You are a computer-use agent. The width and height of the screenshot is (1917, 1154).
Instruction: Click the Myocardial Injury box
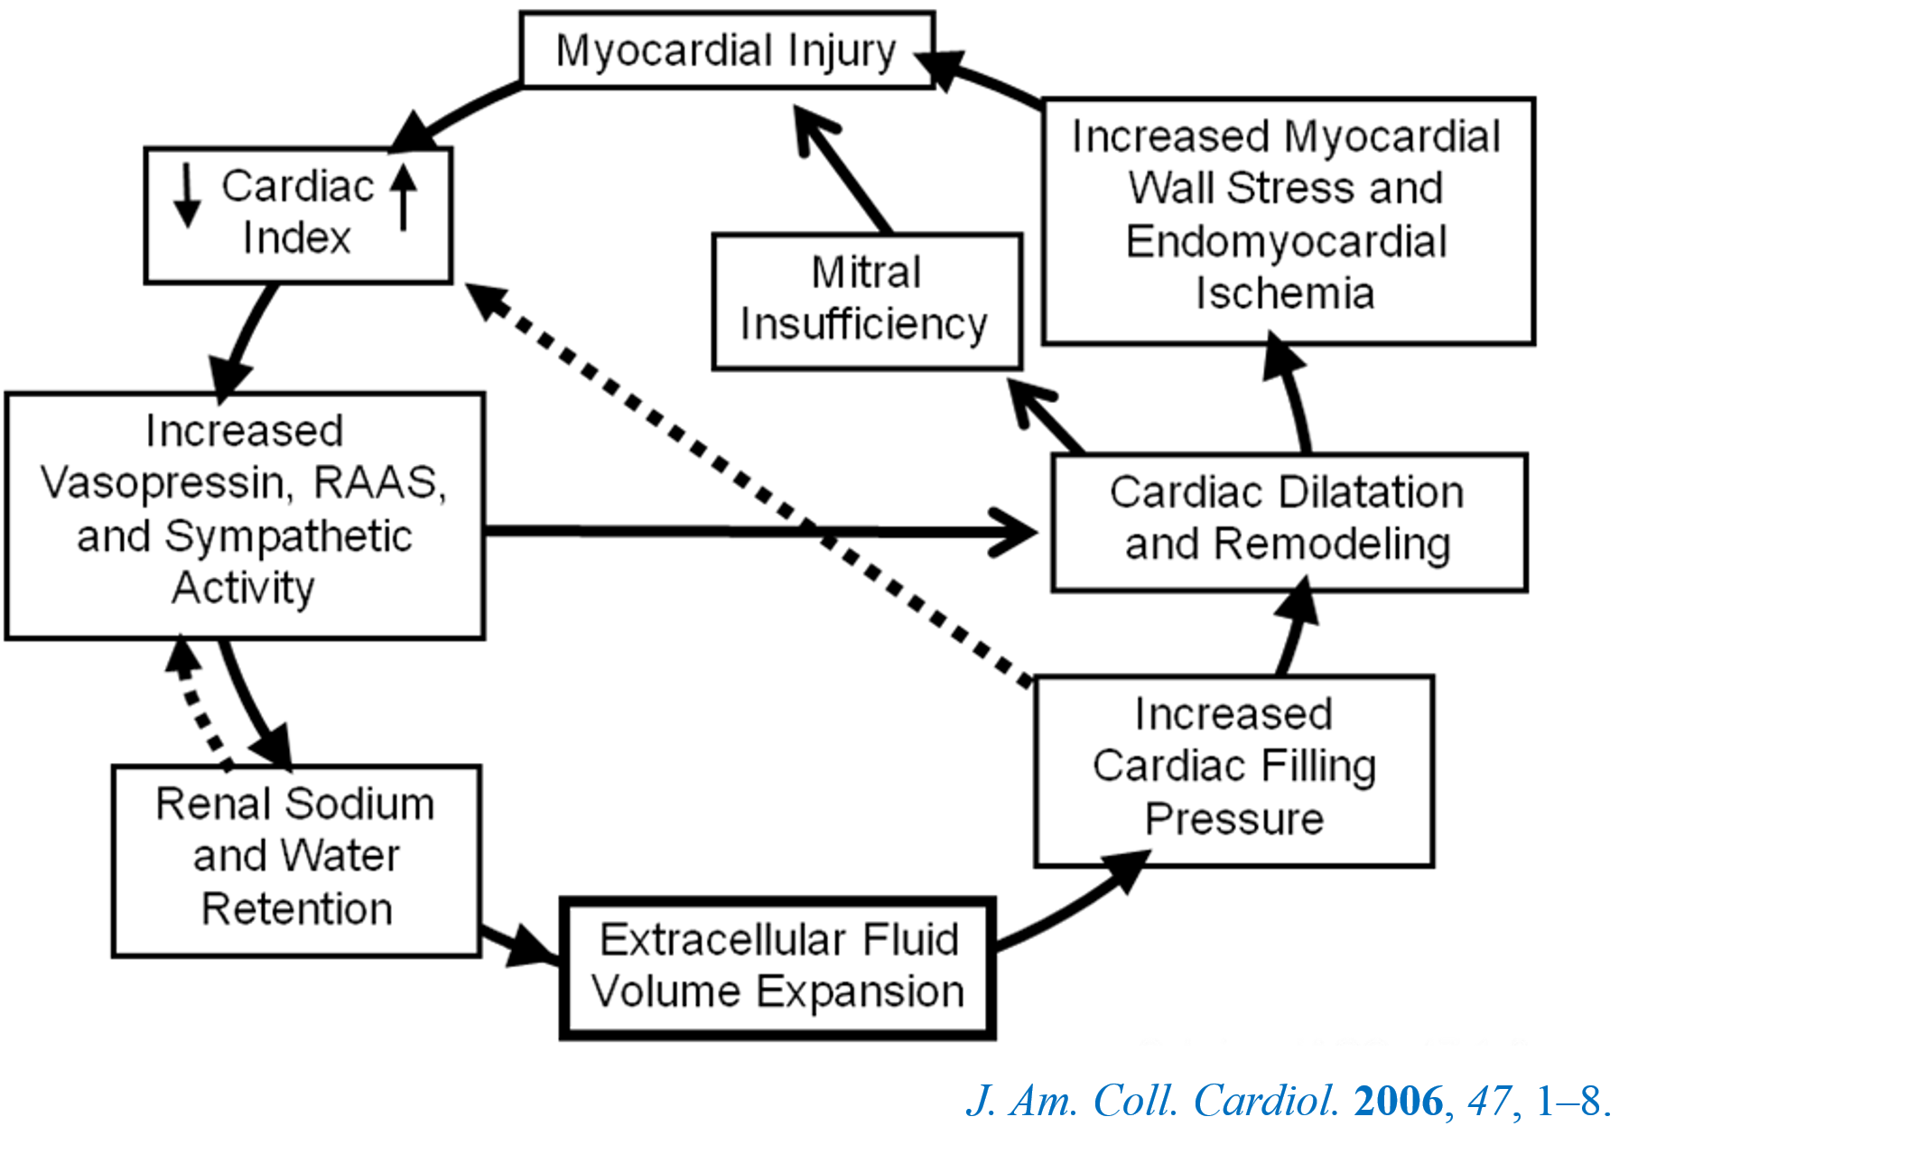point(726,51)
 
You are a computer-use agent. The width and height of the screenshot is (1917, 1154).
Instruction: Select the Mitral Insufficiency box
point(867,301)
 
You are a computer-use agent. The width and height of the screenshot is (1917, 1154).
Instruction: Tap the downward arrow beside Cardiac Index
point(187,195)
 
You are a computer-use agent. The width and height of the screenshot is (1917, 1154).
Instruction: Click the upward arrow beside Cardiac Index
point(404,195)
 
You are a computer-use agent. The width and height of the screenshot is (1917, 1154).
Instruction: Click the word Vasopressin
point(166,483)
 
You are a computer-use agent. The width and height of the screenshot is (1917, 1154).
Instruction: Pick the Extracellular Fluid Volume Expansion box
point(777,967)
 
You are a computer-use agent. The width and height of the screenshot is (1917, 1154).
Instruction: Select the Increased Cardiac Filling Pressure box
point(1233,770)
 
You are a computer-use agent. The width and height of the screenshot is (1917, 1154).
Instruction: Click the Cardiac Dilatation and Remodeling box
point(1289,522)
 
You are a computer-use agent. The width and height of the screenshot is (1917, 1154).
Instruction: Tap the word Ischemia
point(1285,293)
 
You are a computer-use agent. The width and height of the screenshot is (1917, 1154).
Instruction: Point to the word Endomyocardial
point(1286,242)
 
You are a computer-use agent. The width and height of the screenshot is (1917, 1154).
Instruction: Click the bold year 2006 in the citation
point(1399,1101)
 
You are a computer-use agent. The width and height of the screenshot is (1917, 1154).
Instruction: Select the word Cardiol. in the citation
point(1266,1101)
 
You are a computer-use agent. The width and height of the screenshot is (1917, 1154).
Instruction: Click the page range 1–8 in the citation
point(1571,1101)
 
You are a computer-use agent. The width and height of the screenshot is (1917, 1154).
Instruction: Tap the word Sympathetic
point(288,536)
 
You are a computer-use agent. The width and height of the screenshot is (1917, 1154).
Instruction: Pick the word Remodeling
point(1332,544)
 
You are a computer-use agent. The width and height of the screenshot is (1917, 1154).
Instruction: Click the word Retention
point(297,908)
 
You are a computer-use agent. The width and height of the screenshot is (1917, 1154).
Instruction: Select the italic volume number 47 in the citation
point(1489,1101)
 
